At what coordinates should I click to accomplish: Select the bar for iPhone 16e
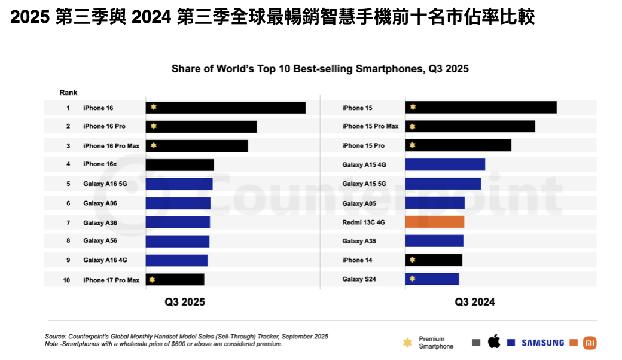pyautogui.click(x=179, y=165)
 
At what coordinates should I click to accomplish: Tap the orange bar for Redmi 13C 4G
pyautogui.click(x=435, y=222)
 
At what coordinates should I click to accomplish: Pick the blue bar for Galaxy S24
pyautogui.click(x=432, y=279)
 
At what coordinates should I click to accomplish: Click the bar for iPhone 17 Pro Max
pyautogui.click(x=175, y=280)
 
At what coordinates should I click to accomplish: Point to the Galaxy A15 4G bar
pyautogui.click(x=445, y=164)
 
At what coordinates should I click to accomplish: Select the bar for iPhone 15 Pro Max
pyautogui.click(x=470, y=126)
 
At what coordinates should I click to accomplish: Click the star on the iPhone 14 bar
pyautogui.click(x=412, y=260)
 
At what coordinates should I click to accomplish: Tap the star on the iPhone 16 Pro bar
pyautogui.click(x=154, y=126)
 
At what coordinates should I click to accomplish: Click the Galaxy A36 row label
pyautogui.click(x=100, y=222)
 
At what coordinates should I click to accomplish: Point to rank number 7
pyautogui.click(x=68, y=222)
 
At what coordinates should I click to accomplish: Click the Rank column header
pyautogui.click(x=68, y=93)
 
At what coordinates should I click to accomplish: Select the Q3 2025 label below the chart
pyautogui.click(x=185, y=302)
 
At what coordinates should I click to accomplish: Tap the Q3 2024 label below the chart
pyautogui.click(x=475, y=302)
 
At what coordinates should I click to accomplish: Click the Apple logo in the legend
pyautogui.click(x=494, y=342)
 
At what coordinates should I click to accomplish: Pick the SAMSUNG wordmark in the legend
pyautogui.click(x=542, y=343)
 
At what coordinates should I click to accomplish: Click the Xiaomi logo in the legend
pyautogui.click(x=590, y=343)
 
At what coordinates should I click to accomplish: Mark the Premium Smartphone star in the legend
pyautogui.click(x=407, y=343)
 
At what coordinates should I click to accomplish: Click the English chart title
pyautogui.click(x=320, y=69)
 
